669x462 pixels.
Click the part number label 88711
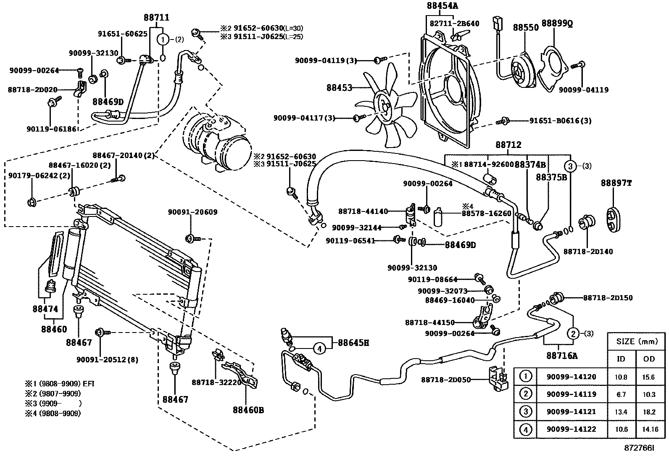click(156, 18)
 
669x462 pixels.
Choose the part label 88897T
click(616, 183)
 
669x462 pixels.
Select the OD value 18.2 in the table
click(649, 412)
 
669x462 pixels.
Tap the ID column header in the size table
click(621, 359)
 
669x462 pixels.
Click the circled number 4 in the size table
click(525, 430)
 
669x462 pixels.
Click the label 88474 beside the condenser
click(45, 309)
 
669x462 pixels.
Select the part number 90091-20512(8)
click(107, 360)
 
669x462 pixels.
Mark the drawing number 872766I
click(639, 448)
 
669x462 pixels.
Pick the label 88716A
click(562, 356)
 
